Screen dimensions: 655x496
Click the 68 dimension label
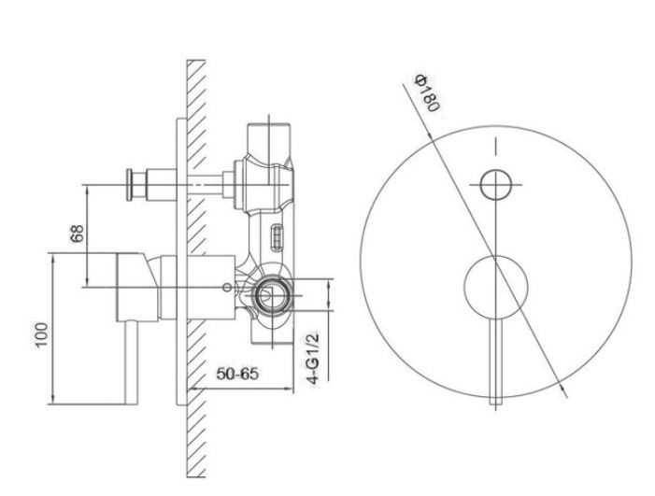click(78, 234)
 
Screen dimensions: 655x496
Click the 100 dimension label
click(42, 334)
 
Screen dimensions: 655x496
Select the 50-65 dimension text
click(237, 374)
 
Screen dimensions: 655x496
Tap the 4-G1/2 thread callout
click(312, 357)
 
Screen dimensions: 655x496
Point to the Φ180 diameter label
click(427, 92)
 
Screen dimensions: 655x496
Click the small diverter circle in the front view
click(495, 185)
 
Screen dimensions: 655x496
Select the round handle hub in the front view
click(496, 287)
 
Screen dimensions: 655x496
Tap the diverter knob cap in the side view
click(130, 185)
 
